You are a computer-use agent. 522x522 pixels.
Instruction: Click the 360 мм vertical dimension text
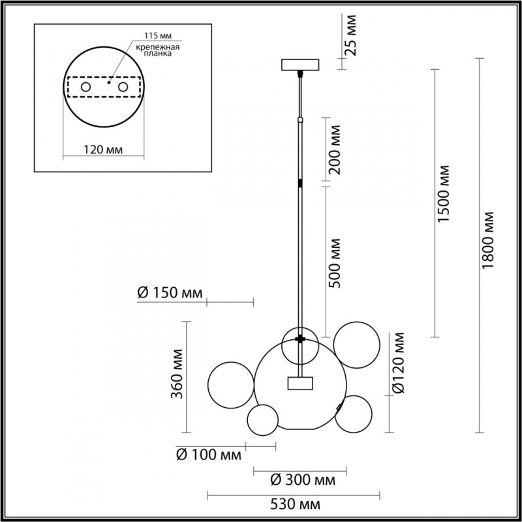(x=175, y=378)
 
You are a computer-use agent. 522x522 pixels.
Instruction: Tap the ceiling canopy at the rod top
(x=299, y=65)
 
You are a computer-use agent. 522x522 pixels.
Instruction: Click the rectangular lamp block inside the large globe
(x=299, y=383)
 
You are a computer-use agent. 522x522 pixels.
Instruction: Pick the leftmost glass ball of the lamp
(x=230, y=384)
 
